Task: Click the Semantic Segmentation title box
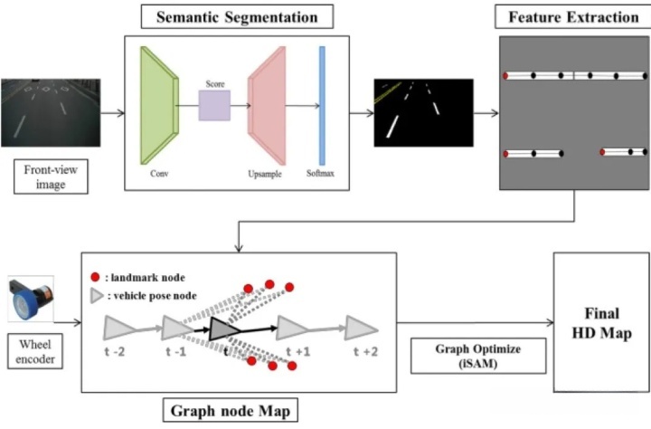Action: click(x=237, y=16)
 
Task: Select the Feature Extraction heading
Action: click(x=573, y=17)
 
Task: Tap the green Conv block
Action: click(x=160, y=106)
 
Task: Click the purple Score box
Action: click(x=214, y=106)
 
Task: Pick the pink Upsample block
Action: click(x=267, y=106)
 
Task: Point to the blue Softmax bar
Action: click(x=322, y=106)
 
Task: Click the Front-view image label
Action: click(x=51, y=176)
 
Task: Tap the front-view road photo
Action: click(x=51, y=112)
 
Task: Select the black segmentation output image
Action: click(x=423, y=112)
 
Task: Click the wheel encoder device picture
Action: click(x=31, y=299)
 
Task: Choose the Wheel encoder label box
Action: click(x=35, y=351)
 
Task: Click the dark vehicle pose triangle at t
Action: click(x=224, y=329)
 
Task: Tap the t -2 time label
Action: click(x=114, y=352)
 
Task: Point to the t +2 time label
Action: click(x=365, y=352)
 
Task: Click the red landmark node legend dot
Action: click(x=95, y=277)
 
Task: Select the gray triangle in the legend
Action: click(x=97, y=296)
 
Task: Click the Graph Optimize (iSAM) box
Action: click(x=478, y=356)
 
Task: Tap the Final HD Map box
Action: click(x=601, y=322)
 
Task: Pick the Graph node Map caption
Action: click(x=231, y=410)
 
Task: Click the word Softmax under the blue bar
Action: click(x=320, y=174)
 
